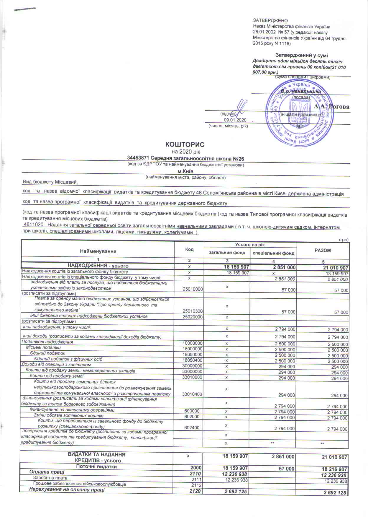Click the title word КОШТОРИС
click(185, 144)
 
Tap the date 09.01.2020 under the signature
click(235, 120)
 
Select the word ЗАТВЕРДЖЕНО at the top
click(270, 20)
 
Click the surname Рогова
click(339, 107)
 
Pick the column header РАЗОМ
click(323, 251)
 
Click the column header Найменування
click(98, 251)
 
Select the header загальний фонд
click(227, 253)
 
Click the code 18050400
click(193, 360)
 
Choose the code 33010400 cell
click(193, 394)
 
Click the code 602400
click(192, 427)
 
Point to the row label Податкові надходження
click(47, 342)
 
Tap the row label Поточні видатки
click(96, 467)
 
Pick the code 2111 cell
click(196, 479)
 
